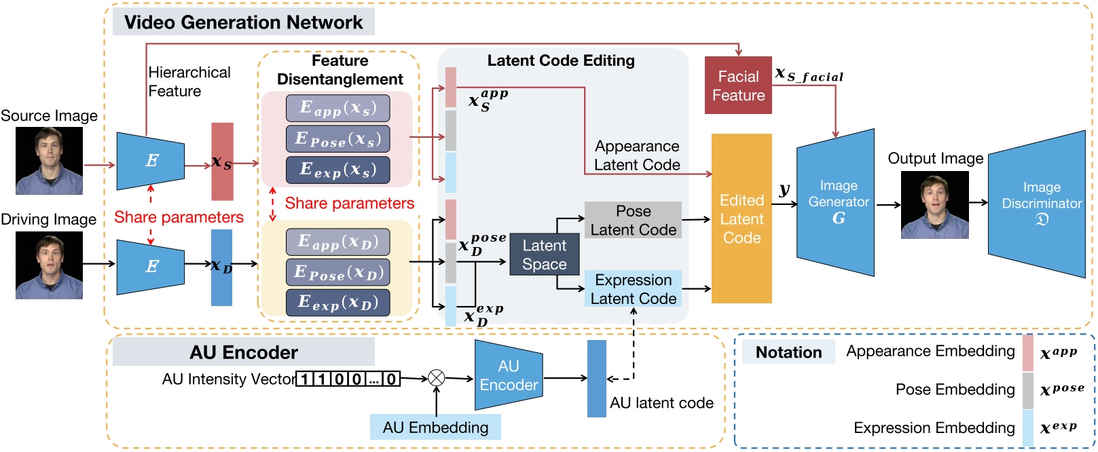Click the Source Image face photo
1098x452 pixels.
tap(49, 161)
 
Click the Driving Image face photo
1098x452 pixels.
tap(49, 265)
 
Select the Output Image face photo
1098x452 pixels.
tap(934, 204)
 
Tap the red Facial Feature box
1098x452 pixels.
tap(738, 86)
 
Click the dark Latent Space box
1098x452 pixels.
tap(545, 255)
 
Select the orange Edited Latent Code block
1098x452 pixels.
tap(742, 219)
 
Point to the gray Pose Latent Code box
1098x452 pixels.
tap(633, 221)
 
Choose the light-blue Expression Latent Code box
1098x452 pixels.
tap(633, 289)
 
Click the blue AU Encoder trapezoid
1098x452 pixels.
tap(508, 375)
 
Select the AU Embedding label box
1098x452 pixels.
tap(435, 428)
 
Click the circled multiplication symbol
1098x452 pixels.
tap(437, 378)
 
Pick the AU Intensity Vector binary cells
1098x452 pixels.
tap(348, 379)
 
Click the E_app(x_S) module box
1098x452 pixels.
tap(337, 108)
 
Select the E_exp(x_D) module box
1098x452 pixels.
tap(337, 303)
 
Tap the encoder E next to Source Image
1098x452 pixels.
tap(151, 161)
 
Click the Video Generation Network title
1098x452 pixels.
tap(243, 22)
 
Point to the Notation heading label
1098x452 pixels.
tap(788, 352)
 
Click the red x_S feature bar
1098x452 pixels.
tap(222, 162)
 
